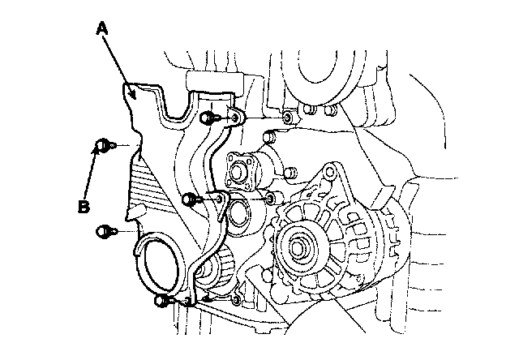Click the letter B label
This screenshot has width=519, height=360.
tap(83, 208)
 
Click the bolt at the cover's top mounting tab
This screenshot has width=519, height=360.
tap(207, 118)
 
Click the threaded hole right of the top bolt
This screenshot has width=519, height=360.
tap(289, 119)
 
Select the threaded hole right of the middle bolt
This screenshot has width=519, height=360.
tap(272, 198)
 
